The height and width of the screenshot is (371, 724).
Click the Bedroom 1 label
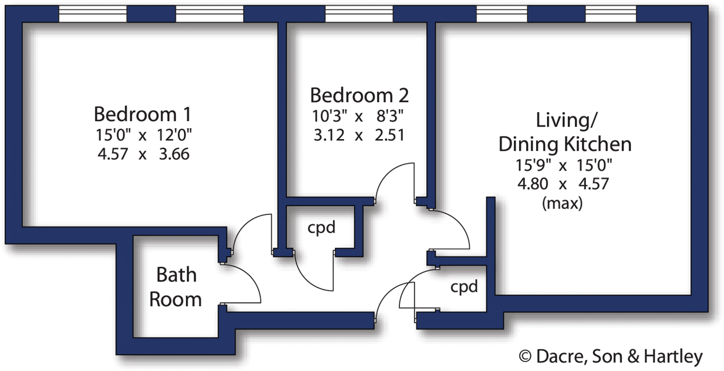142,114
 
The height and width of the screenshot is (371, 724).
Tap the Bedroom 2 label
359,95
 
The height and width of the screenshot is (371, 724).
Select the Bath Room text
176,287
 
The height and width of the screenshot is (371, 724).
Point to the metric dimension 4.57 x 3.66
143,154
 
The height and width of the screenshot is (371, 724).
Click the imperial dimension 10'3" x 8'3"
357,116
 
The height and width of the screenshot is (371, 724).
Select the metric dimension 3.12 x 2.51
358,135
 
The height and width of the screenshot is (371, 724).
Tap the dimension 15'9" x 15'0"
564,165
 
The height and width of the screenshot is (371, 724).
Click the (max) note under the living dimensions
562,203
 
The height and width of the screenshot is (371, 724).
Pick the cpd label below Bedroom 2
321,227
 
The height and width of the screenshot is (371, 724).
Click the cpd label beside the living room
464,286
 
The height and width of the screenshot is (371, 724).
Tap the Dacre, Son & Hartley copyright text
611,356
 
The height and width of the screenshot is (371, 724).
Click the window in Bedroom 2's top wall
359,14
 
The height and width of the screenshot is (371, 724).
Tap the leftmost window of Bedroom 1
93,14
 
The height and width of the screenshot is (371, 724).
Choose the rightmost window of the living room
611,14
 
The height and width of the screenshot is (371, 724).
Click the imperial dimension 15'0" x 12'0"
143,135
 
